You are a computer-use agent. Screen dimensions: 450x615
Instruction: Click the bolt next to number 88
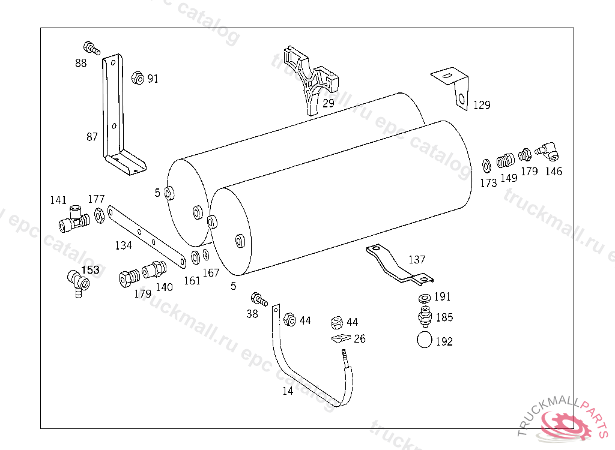[89, 46]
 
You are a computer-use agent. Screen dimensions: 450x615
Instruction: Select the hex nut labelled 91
[137, 77]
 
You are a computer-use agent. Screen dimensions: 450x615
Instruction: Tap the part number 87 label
[91, 137]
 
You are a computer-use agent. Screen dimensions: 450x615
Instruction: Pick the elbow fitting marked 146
[547, 150]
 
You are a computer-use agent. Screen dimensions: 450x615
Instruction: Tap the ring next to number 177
[99, 214]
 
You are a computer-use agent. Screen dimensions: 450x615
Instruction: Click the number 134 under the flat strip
[124, 245]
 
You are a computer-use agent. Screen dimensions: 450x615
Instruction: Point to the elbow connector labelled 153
[76, 281]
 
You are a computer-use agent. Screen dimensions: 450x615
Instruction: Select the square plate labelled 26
[340, 340]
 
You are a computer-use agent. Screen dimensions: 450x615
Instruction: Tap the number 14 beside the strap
[288, 391]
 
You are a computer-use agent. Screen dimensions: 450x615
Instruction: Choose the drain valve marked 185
[424, 315]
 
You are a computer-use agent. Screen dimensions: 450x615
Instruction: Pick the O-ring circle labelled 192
[425, 340]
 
